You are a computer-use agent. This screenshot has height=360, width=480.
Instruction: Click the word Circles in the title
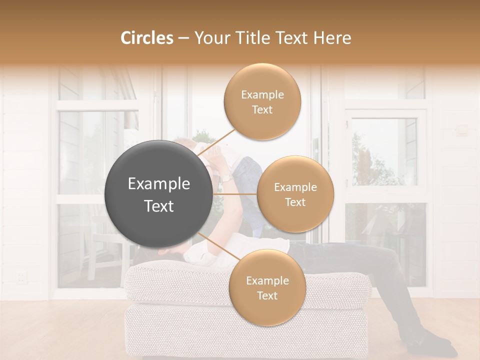click(x=147, y=38)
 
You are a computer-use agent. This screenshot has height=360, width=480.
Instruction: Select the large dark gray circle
click(x=158, y=194)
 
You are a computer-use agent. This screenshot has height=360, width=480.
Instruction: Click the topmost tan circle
click(x=262, y=101)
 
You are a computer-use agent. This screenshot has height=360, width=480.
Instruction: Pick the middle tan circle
click(x=295, y=194)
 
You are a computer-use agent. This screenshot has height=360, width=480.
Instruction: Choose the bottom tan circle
click(x=267, y=287)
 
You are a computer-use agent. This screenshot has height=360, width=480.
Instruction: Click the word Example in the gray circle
click(x=158, y=184)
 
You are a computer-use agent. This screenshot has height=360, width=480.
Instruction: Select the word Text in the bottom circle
click(x=267, y=295)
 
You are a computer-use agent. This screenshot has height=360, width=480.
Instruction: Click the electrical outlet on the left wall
click(x=21, y=276)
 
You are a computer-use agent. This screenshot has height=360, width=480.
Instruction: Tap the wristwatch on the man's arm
click(x=226, y=177)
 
